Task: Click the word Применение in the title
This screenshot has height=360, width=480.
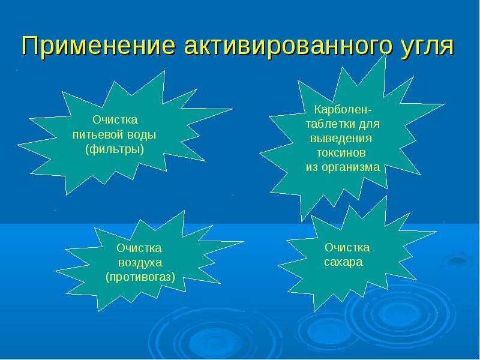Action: coord(98,46)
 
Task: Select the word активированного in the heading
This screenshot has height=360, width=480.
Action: coord(288,46)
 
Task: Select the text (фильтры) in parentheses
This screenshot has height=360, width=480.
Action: coord(115,149)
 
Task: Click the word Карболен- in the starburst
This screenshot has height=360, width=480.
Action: coord(343,109)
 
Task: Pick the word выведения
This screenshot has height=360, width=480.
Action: coord(341,139)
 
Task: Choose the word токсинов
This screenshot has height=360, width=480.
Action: coord(341,153)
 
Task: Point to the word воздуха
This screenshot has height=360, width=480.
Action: coord(140,263)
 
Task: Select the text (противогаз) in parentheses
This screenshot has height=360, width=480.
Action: coord(140,277)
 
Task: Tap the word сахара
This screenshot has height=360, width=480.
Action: coord(343,262)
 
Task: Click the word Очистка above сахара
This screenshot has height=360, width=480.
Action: coord(347,247)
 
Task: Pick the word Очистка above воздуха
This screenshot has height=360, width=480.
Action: coord(139,248)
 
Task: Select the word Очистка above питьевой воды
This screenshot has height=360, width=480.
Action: coord(115,119)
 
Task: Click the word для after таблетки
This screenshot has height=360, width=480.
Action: coord(369,125)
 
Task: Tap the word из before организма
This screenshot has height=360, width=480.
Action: coord(312,168)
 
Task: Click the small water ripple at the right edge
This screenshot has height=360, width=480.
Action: coord(458,260)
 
